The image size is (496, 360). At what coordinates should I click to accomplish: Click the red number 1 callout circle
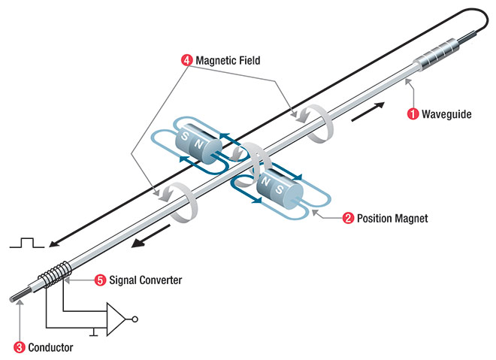click(413, 114)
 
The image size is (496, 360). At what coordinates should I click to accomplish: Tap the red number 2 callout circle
click(348, 218)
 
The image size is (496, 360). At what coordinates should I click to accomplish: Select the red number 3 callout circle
click(19, 347)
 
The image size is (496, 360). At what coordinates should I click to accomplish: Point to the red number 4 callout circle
click(186, 60)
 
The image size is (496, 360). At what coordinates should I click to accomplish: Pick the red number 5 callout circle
click(100, 280)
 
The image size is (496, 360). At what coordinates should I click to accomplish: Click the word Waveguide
click(446, 114)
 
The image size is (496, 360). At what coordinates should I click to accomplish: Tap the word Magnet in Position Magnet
click(410, 218)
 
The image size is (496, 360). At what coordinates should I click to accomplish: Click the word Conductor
click(50, 347)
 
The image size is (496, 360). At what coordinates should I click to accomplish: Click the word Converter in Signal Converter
click(161, 280)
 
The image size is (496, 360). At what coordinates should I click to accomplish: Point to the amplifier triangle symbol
click(116, 319)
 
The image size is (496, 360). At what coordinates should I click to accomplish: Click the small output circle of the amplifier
click(135, 319)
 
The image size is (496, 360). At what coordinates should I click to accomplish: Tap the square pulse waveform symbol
click(27, 242)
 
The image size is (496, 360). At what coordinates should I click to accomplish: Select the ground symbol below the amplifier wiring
click(93, 332)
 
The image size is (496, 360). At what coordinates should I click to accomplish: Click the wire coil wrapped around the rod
click(55, 274)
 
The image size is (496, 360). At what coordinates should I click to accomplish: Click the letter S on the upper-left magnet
click(184, 136)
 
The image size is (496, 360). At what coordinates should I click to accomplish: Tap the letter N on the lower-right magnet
click(265, 182)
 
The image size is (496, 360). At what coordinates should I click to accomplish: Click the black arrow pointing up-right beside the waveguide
click(368, 111)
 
